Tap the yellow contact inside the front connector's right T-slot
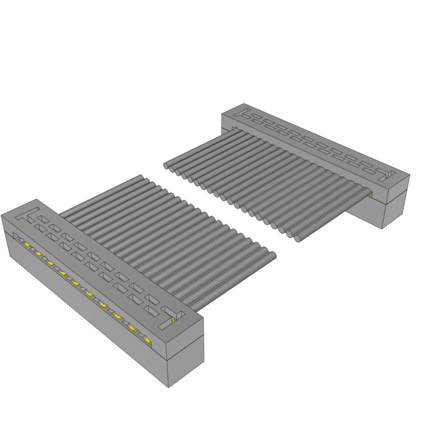pos(173,320)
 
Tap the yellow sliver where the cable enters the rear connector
pos(370,191)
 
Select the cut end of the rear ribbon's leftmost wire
pos(167,166)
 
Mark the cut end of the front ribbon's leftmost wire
pos(140,177)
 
